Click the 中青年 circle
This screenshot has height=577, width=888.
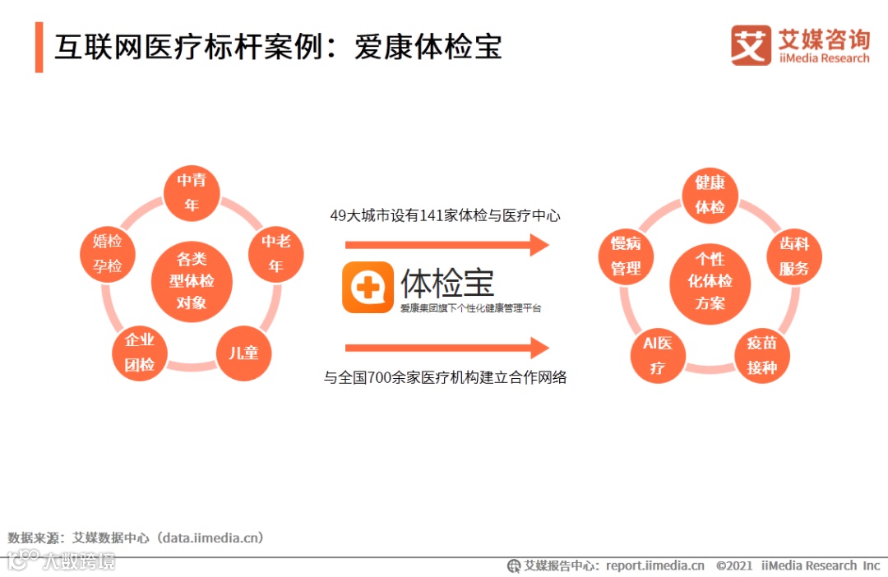coord(192,192)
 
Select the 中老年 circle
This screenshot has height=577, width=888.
coord(276,253)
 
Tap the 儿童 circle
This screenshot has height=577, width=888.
coord(243,353)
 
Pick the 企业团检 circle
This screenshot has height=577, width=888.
coord(140,353)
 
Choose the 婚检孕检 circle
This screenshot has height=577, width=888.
coord(108,253)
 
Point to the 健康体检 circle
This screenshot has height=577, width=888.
coord(710,195)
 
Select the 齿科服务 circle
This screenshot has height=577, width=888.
coord(794,256)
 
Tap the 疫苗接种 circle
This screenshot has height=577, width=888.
coord(762,355)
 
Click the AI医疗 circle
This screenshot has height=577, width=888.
coord(658,355)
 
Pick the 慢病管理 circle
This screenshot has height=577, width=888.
coord(626,256)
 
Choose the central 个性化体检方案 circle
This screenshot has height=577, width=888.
coord(710,281)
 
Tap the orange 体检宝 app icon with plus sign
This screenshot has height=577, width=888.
coord(368,288)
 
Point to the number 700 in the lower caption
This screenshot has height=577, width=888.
coord(386,378)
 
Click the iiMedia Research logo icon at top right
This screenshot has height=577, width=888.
coord(751,46)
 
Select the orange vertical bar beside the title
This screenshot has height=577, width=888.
coord(39,48)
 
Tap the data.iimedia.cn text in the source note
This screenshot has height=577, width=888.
coord(212,538)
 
